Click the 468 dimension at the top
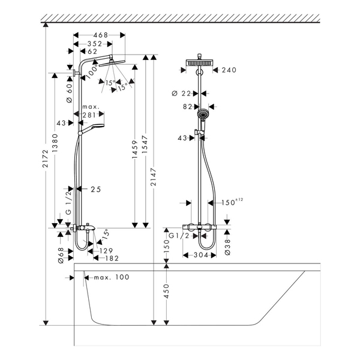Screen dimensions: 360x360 click(100, 35)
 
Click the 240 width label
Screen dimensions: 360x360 click(229, 70)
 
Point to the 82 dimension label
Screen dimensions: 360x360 click(187, 106)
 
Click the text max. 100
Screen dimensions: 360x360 click(112, 277)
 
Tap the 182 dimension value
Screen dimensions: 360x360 click(111, 258)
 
